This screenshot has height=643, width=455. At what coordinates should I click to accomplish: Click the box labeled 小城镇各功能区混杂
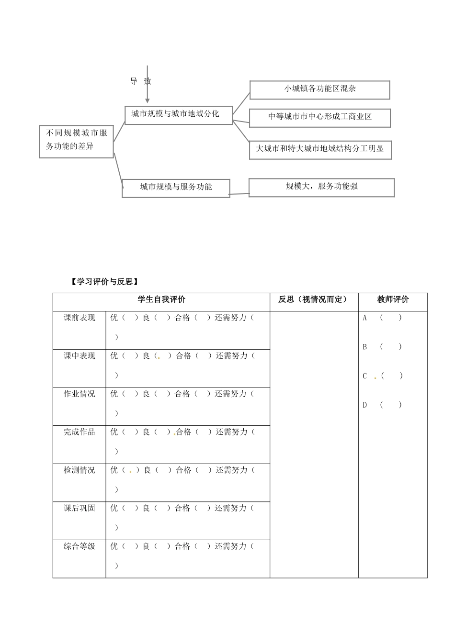coord(319,89)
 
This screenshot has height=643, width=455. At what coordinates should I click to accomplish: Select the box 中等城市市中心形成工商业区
coord(319,117)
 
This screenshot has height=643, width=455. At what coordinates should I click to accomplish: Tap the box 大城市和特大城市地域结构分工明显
coord(320,149)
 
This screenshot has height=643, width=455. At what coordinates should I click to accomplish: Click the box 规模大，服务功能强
coord(321,187)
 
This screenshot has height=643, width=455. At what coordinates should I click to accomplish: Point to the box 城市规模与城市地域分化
coord(178,114)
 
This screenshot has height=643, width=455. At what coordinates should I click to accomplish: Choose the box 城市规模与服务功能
coord(176,188)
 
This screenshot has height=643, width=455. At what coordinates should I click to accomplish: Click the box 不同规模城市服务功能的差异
coord(77,141)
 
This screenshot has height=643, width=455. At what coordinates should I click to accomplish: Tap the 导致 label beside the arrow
coord(140,81)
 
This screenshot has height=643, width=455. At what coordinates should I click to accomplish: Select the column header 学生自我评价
coord(161,300)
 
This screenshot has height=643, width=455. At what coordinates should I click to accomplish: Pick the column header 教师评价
coord(393,300)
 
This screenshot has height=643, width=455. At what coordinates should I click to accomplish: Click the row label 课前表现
coord(80,318)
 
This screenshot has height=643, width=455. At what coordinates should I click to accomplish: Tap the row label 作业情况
coord(80,394)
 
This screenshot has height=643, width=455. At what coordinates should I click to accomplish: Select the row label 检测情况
coord(80,470)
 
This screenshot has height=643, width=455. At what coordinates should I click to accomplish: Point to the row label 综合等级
coord(80,546)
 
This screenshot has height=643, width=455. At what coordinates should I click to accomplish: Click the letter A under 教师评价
coord(365,318)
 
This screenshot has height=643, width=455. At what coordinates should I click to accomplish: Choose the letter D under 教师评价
coord(365,405)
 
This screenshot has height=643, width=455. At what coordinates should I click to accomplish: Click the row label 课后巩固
coord(80,508)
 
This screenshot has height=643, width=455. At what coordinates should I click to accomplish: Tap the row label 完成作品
coord(80,432)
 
